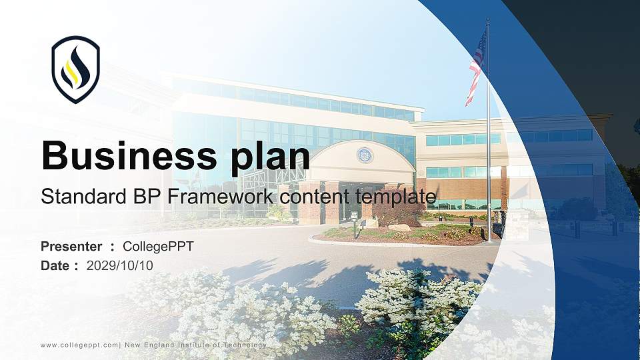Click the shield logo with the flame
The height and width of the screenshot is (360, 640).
pyautogui.click(x=75, y=69)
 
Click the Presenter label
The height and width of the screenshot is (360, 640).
pyautogui.click(x=71, y=247)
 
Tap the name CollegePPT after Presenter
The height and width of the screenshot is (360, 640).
pyautogui.click(x=159, y=247)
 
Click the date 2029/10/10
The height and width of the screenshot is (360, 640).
pyautogui.click(x=120, y=265)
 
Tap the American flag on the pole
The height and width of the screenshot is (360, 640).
pyautogui.click(x=477, y=67)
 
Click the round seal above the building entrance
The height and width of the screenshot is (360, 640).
pyautogui.click(x=365, y=155)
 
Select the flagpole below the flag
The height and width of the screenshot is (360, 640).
pyautogui.click(x=488, y=167)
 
